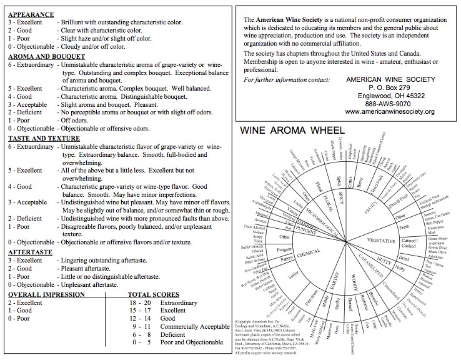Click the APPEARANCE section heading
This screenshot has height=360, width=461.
[31, 13]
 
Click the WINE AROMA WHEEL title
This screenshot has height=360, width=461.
[299, 132]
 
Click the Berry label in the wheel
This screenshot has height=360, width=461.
[359, 180]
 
